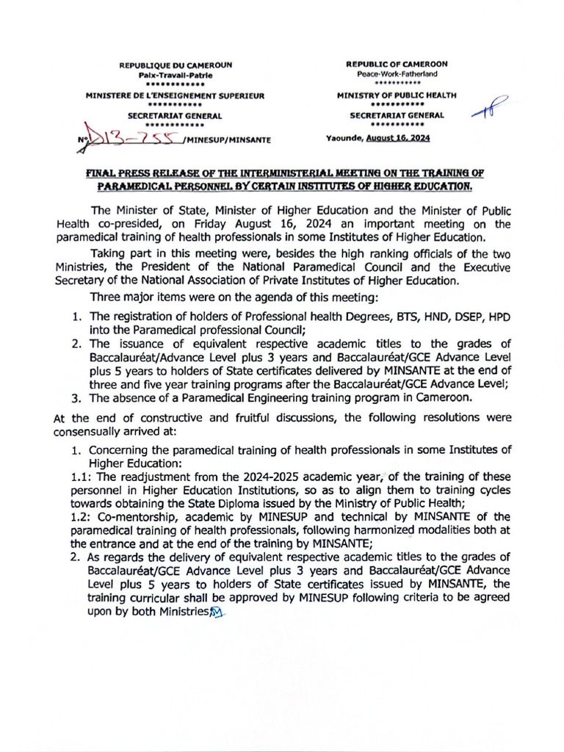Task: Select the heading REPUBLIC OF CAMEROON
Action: point(397,65)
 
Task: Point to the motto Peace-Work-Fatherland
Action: point(397,74)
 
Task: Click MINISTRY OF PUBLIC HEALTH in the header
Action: point(397,95)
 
